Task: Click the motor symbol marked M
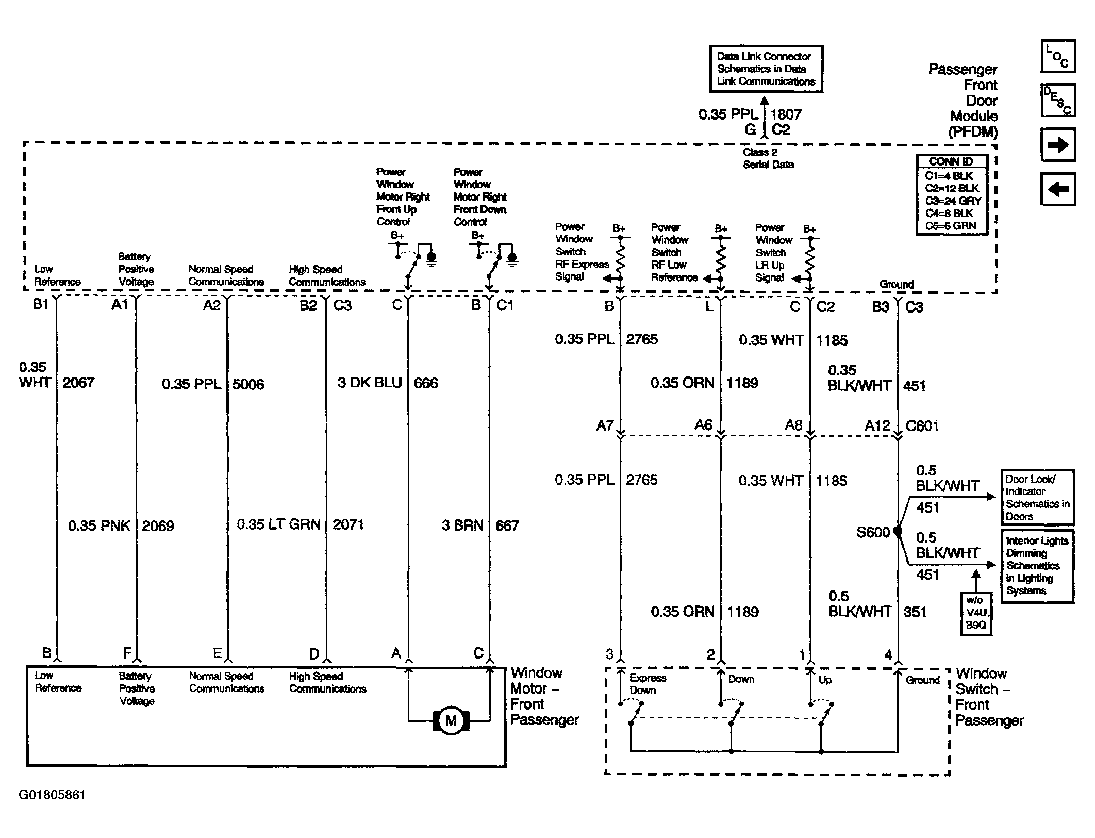point(451,720)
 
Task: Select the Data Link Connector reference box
point(766,69)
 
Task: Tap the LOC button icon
point(1058,56)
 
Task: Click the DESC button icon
point(1058,100)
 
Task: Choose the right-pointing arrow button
point(1058,144)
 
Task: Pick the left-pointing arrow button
point(1058,189)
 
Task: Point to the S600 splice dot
point(898,531)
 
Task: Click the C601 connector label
point(922,426)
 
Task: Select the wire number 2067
point(78,383)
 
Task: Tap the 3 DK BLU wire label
point(370,383)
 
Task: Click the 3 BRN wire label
point(462,525)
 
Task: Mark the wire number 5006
point(248,384)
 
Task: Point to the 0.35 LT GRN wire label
point(278,524)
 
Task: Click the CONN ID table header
point(951,161)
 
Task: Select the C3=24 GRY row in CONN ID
point(953,201)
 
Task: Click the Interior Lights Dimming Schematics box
point(1037,566)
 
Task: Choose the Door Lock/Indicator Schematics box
point(1037,498)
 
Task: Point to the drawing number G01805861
point(52,795)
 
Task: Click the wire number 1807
point(786,114)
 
